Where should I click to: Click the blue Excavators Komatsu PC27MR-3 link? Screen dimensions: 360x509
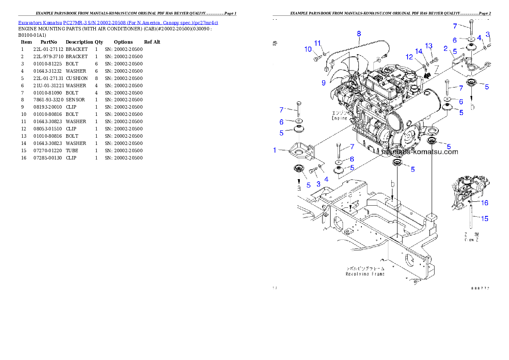click(118, 23)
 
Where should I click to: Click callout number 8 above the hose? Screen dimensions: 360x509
click(359, 33)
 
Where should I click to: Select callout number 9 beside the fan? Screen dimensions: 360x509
click(324, 83)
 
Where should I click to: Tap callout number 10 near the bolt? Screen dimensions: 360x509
click(308, 50)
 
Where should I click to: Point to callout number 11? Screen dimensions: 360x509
click(317, 43)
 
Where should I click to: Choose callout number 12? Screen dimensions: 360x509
click(409, 57)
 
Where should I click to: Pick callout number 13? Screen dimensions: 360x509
click(429, 46)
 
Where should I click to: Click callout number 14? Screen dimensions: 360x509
click(419, 52)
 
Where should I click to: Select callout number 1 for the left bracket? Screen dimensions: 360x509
click(275, 150)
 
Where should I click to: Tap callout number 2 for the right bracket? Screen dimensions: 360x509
click(445, 49)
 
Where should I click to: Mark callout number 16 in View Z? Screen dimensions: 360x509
click(485, 203)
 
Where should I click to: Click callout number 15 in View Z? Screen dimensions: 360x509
click(484, 218)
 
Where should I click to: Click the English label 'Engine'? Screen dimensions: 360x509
click(339, 118)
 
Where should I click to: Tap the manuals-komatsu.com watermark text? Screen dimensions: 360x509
click(419, 152)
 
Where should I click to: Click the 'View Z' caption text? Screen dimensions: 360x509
click(472, 240)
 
